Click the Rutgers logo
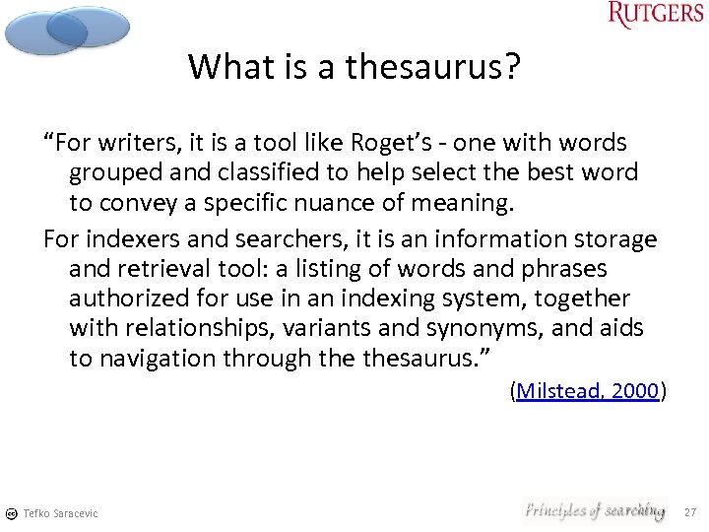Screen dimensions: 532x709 (x=656, y=15)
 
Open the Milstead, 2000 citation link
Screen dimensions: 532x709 (x=588, y=391)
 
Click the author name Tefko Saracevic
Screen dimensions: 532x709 (x=60, y=513)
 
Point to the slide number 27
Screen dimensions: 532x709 (x=689, y=511)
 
